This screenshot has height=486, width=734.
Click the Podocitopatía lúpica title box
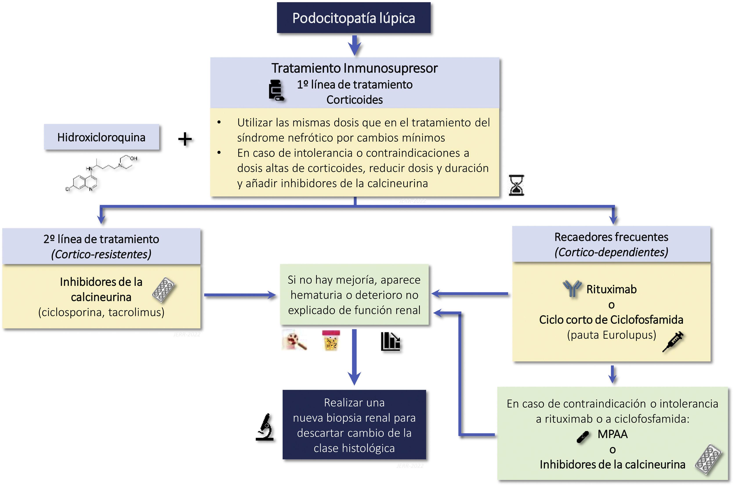coord(353,18)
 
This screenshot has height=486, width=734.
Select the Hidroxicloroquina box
coord(101,137)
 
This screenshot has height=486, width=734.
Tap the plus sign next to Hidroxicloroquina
coord(185,139)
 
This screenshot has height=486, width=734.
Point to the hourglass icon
coord(516,185)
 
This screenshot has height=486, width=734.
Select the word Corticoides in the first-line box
coord(354,100)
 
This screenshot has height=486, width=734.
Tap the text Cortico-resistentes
coord(101,254)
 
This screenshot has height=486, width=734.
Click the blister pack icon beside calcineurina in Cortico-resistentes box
coord(163,290)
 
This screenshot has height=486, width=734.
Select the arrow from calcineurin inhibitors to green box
coord(240,295)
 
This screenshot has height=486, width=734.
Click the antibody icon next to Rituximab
coord(572,288)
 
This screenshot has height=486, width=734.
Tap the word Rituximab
coord(611,289)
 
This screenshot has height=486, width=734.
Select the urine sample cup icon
coord(331,340)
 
